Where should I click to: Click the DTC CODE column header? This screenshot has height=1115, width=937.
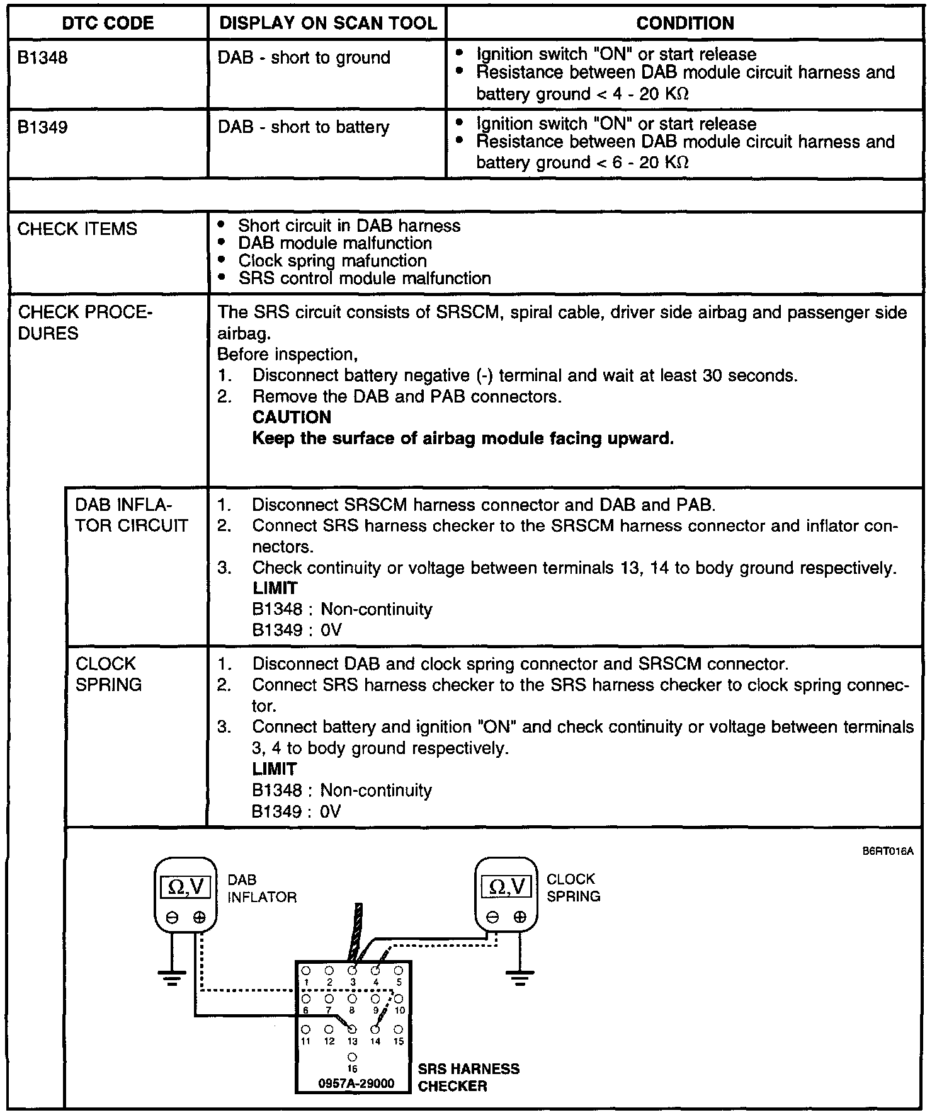pyautogui.click(x=108, y=23)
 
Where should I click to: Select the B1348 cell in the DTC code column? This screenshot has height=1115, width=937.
pyautogui.click(x=42, y=58)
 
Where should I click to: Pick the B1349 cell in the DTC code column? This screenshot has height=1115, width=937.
pyautogui.click(x=42, y=127)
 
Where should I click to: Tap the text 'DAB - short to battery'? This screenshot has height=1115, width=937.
pyautogui.click(x=304, y=127)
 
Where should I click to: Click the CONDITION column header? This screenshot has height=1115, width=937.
pyautogui.click(x=685, y=23)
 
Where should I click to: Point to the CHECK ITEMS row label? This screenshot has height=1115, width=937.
pyautogui.click(x=77, y=229)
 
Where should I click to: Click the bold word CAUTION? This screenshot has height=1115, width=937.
pyautogui.click(x=292, y=417)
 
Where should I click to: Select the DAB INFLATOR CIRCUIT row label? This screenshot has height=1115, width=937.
pyautogui.click(x=132, y=515)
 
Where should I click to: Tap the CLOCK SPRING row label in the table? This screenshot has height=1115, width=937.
pyautogui.click(x=108, y=673)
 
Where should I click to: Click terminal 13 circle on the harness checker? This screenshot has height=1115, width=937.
pyautogui.click(x=352, y=1029)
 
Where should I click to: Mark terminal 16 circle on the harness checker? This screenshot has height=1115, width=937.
pyautogui.click(x=352, y=1057)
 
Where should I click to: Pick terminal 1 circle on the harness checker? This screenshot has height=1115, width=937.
pyautogui.click(x=305, y=971)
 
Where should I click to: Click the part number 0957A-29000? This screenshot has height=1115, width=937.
pyautogui.click(x=356, y=1084)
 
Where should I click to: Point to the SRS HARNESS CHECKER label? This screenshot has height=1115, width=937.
pyautogui.click(x=469, y=1077)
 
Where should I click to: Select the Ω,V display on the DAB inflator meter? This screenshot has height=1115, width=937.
pyautogui.click(x=186, y=887)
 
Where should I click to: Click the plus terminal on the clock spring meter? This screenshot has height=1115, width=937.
pyautogui.click(x=520, y=917)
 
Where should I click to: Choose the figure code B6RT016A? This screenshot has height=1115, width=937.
pyautogui.click(x=888, y=852)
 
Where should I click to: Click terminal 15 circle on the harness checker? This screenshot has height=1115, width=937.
pyautogui.click(x=398, y=1029)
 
